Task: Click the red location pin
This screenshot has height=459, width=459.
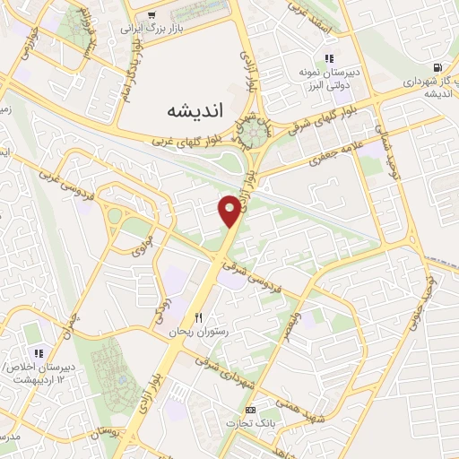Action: tap(230, 211)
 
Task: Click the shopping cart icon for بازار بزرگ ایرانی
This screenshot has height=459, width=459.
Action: tap(151, 14)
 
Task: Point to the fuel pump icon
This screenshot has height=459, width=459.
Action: tap(437, 67)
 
